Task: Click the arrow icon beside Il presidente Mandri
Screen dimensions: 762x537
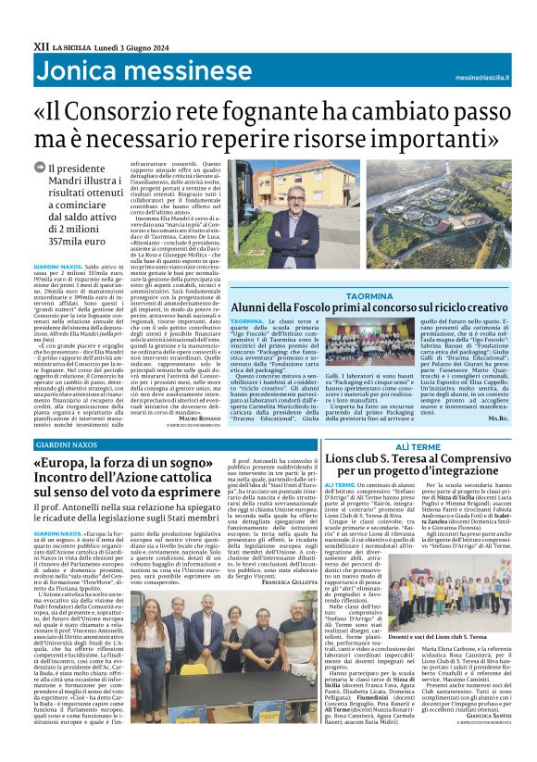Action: tap(38, 168)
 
